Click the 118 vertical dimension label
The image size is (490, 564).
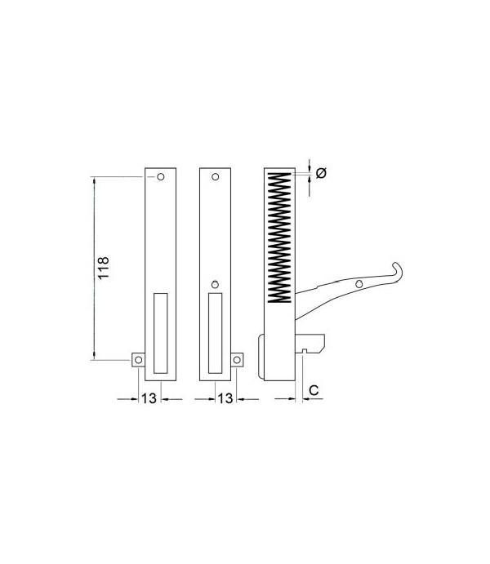tap(103, 268)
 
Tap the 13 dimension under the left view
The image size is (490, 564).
tap(149, 398)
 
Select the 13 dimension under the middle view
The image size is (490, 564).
tap(225, 398)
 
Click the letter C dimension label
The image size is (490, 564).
tap(314, 390)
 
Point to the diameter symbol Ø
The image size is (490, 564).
tap(321, 173)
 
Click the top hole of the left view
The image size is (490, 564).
tap(161, 176)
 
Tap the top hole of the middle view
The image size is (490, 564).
tap(216, 176)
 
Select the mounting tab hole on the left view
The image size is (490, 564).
tap(139, 360)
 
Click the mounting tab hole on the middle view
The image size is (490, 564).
tap(237, 360)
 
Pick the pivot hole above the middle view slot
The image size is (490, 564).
tap(215, 285)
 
